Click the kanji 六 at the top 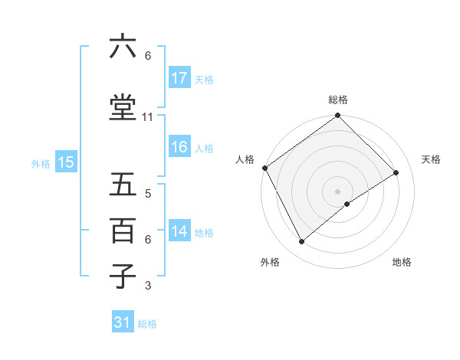[123, 47]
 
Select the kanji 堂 [123, 106]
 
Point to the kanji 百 [123, 231]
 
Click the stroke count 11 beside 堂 [148, 117]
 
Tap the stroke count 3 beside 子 [148, 286]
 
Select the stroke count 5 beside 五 [148, 195]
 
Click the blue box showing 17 [179, 78]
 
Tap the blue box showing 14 [179, 231]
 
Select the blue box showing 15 [66, 162]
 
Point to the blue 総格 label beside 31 [147, 324]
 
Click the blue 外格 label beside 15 [41, 163]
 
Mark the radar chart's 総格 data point [337, 116]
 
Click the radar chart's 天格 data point [396, 172]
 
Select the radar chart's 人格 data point [264, 168]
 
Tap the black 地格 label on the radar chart [402, 263]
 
